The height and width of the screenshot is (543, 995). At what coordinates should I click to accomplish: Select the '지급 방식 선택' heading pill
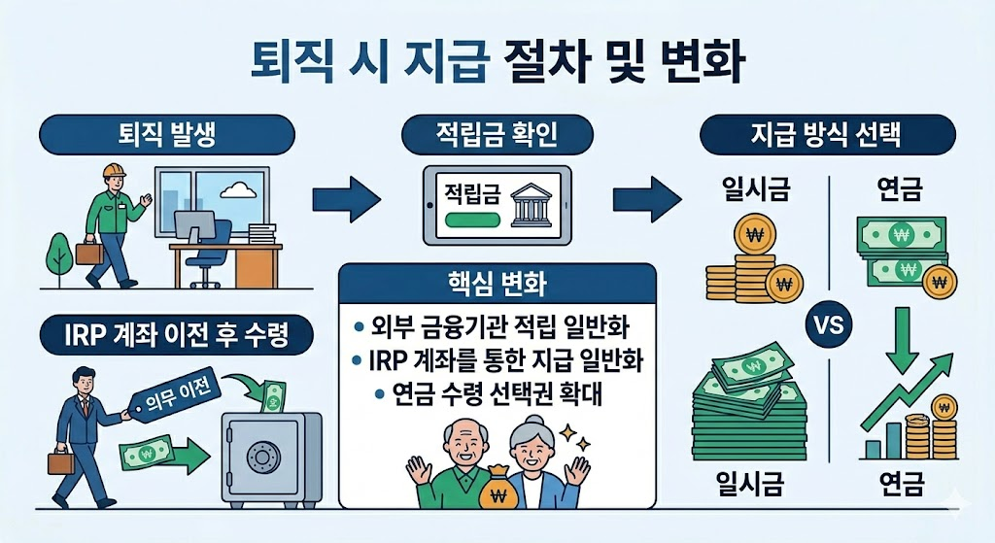pyautogui.click(x=826, y=134)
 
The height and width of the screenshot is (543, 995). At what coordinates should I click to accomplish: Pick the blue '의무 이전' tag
pyautogui.click(x=176, y=401)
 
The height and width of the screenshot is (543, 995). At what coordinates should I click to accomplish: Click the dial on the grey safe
pyautogui.click(x=262, y=457)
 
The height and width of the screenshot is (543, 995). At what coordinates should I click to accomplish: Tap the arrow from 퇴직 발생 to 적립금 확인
pyautogui.click(x=346, y=200)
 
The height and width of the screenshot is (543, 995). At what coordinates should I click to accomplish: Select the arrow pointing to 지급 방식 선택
pyautogui.click(x=646, y=200)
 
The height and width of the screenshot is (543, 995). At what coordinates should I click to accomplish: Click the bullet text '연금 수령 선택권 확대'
pyautogui.click(x=497, y=394)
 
